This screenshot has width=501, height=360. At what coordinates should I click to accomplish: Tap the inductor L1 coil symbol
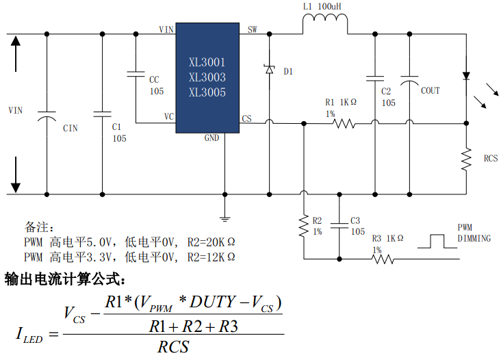coord(325,25)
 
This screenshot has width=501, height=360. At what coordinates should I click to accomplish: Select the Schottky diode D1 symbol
coord(269,69)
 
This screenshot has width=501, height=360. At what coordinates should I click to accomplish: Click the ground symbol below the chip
coord(224,218)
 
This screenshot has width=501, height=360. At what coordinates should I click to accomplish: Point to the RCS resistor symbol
coord(466,159)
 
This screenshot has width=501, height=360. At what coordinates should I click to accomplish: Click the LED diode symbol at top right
coord(466,76)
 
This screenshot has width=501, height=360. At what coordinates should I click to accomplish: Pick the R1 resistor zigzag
coord(343,124)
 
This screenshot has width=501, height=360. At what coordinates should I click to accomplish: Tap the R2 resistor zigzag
coord(303,226)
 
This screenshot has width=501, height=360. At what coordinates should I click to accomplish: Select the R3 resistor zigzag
coord(383,259)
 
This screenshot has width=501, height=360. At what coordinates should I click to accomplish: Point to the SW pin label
coord(252,30)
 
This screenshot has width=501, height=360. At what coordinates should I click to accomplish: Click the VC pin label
coord(168,117)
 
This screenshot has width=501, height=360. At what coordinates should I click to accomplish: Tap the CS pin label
coord(246,118)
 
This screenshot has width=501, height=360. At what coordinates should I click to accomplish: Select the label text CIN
coord(70,128)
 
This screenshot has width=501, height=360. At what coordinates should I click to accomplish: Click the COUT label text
coord(431,91)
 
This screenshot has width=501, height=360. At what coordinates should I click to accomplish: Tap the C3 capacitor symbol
coord(339,224)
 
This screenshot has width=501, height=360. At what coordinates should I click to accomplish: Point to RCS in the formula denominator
coord(173,347)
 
